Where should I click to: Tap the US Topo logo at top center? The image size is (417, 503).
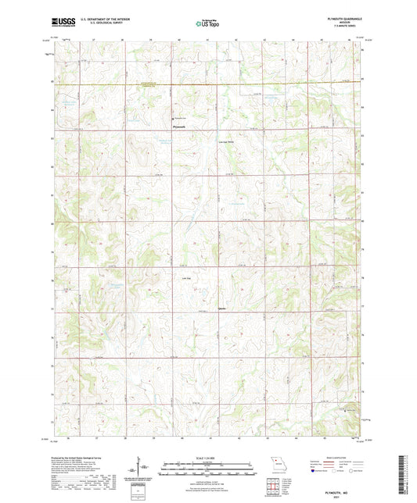coord(207,23)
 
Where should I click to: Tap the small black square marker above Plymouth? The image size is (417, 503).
coord(173,117)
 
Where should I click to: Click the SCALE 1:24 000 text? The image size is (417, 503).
coord(207,457)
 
